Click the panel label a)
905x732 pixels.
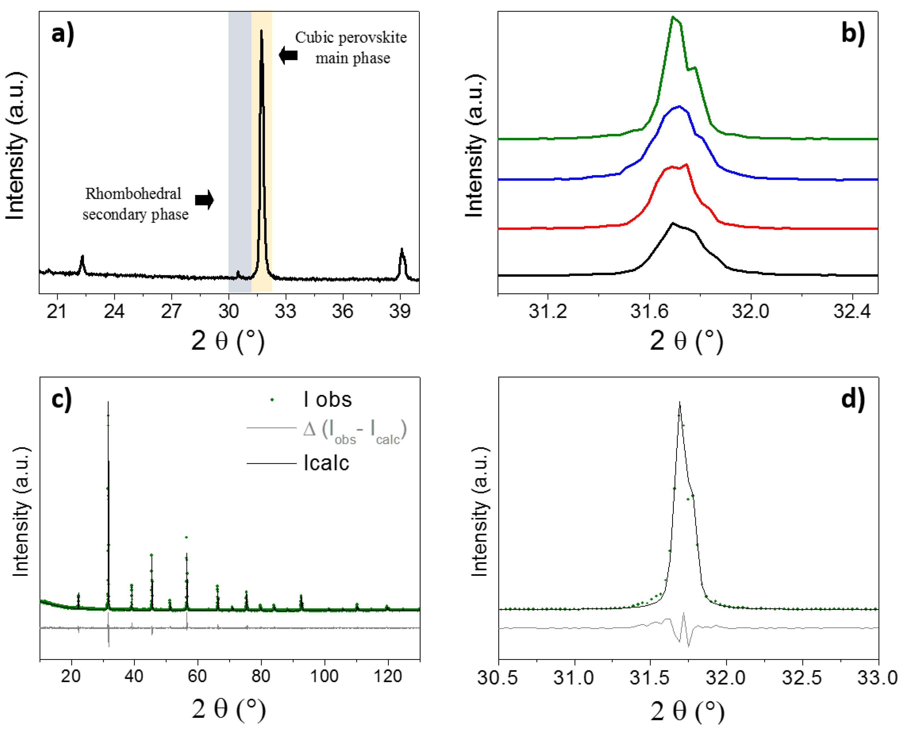point(62,34)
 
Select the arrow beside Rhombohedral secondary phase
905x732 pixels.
point(205,200)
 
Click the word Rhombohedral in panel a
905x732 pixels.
point(133,194)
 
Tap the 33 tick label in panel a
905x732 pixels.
point(286,311)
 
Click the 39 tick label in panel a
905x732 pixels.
point(400,311)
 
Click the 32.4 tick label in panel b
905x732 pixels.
point(852,311)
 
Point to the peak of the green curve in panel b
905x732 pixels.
point(673,17)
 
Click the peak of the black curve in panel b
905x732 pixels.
point(672,223)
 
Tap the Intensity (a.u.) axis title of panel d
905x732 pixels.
point(480,512)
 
